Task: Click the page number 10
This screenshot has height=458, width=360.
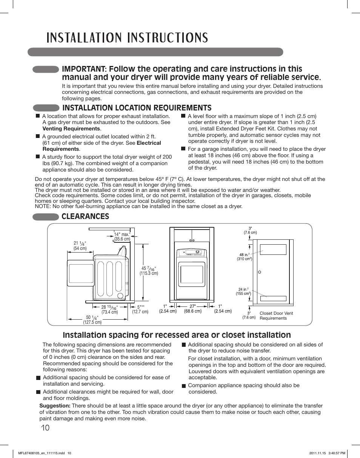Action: (45, 427)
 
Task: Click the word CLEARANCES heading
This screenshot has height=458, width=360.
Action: (86, 216)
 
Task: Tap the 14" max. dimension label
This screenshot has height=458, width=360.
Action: (122, 236)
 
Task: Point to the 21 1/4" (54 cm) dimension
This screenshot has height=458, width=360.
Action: (80, 246)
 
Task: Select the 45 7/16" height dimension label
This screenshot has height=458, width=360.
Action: (149, 270)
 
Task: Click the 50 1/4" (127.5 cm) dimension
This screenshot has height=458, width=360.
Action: (92, 320)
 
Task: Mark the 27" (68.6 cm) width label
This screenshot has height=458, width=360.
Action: (192, 309)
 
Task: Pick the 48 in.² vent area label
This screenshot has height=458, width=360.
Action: (244, 257)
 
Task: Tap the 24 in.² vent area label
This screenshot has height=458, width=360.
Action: (243, 291)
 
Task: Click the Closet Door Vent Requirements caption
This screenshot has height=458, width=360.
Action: (276, 316)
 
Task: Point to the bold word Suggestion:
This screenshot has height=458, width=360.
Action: (55, 406)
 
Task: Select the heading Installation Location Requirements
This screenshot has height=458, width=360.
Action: (137, 108)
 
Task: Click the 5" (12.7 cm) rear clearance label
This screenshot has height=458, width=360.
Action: (140, 309)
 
